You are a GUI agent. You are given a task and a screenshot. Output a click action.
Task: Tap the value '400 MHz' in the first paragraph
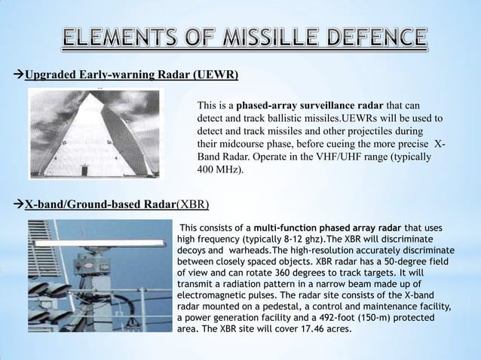219,171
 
